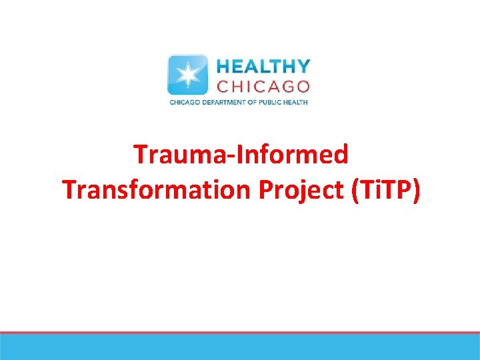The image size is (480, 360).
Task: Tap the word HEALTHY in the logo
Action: click(263, 67)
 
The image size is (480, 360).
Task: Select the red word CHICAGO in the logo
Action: click(263, 86)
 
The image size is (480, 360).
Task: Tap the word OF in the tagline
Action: click(255, 102)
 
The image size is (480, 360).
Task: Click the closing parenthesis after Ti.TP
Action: click(417, 190)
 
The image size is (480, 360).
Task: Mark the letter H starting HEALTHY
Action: click(223, 67)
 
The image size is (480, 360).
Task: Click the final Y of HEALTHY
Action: click(303, 67)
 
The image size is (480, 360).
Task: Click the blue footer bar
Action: click(240, 347)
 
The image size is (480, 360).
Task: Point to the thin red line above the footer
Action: click(240, 332)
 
